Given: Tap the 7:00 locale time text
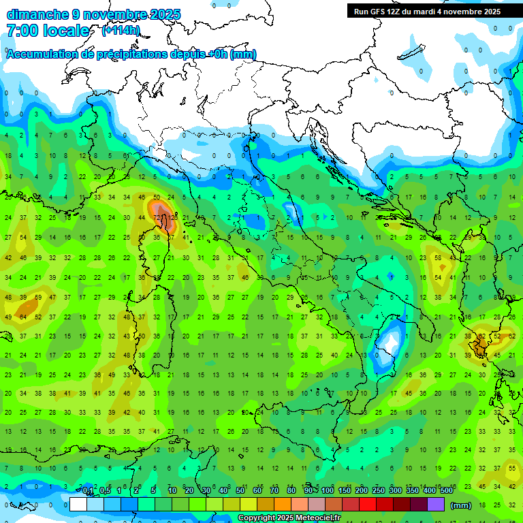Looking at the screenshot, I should click(48, 31).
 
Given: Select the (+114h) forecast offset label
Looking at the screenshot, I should click(121, 30).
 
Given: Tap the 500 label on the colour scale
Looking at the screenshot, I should click(446, 491).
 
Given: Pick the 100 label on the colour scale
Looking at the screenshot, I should click(327, 491).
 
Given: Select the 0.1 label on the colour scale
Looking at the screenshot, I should click(88, 491).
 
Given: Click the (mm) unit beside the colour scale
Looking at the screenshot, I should click(461, 505).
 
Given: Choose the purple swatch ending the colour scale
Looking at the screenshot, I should click(436, 505).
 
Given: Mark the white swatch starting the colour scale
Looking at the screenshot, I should click(78, 505).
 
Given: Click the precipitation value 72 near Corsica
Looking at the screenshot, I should click(157, 217).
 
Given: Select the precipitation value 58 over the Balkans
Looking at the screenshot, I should click(438, 257).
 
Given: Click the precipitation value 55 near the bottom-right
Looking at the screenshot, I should click(511, 468).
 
